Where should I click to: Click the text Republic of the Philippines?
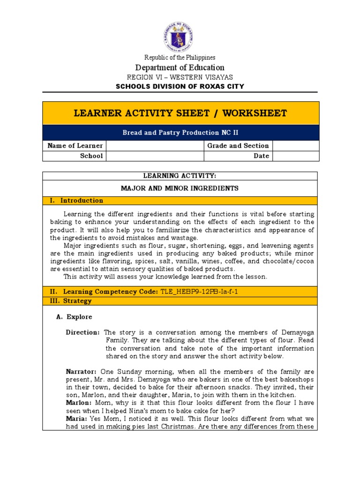click(180, 57)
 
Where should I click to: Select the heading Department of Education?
click(180, 67)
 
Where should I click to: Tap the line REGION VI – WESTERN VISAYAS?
click(180, 77)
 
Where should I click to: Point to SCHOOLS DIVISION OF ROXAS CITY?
click(180, 86)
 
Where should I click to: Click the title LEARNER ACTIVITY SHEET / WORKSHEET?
click(181, 113)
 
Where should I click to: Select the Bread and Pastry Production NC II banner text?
click(181, 133)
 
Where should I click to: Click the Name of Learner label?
click(75, 146)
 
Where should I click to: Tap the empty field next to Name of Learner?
click(155, 146)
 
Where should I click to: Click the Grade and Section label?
click(238, 146)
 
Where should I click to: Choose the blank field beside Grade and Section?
click(295, 146)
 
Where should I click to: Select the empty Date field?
click(295, 156)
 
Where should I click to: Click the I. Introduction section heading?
click(76, 201)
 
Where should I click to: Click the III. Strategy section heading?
click(71, 301)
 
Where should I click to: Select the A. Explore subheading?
click(74, 317)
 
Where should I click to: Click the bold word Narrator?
click(81, 371)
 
